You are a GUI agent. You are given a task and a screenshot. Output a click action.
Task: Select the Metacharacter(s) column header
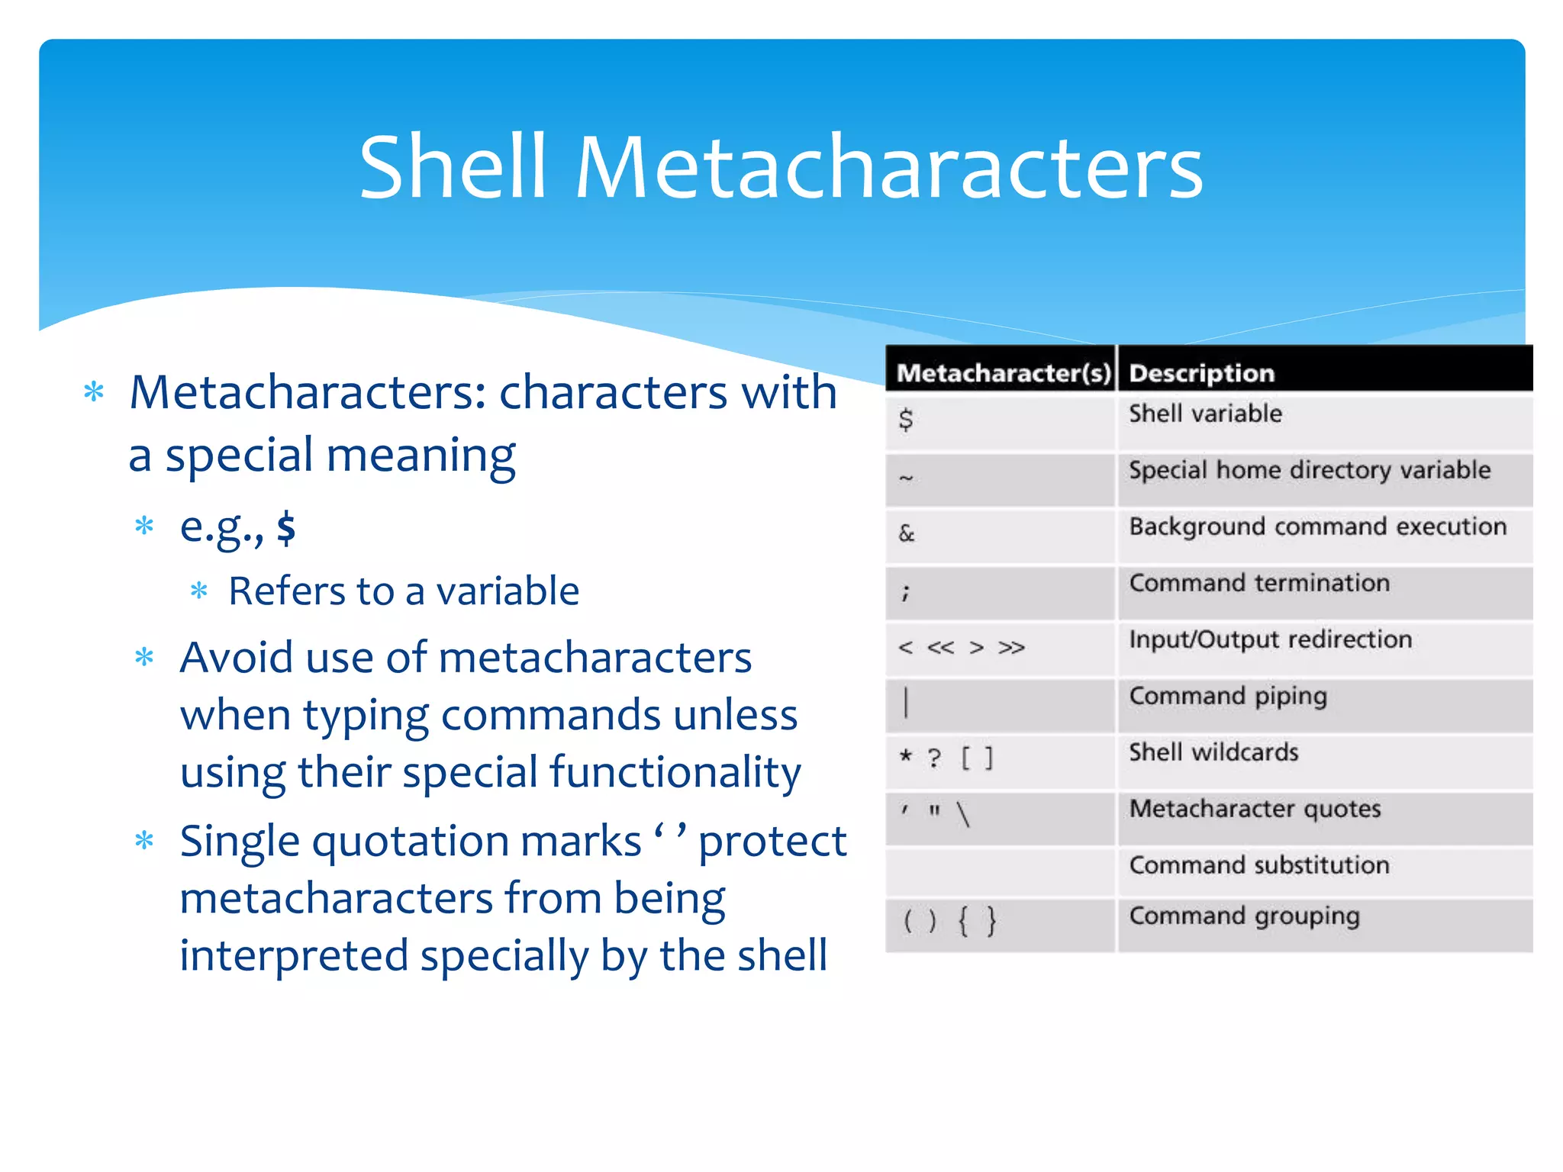1003,373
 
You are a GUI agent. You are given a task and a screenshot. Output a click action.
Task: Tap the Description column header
1201,373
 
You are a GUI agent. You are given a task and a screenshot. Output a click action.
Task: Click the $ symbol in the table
906,420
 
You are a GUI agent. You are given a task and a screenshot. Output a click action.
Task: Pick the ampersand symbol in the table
907,533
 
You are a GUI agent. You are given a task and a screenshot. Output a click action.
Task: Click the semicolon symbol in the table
905,592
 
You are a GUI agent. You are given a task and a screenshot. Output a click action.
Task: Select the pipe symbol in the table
906,702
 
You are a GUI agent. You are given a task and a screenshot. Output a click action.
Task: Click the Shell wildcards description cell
1213,752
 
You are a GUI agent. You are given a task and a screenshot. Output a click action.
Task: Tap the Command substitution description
1259,865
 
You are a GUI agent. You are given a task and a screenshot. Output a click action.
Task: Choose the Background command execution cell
1318,526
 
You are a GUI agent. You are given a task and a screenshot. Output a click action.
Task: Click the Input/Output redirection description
1271,639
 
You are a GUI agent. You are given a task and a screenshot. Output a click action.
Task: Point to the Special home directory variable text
1310,470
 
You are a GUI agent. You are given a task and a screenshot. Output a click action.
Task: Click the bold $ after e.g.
286,527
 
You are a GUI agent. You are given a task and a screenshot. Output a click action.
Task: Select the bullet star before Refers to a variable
199,591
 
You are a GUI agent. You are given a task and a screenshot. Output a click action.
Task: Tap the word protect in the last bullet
772,842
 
